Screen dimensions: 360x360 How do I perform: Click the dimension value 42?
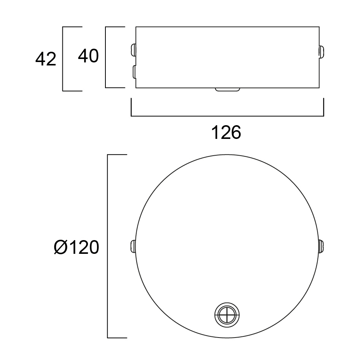coord(46,59)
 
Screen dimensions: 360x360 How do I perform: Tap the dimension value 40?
coord(88,56)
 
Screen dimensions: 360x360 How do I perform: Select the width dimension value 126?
coord(226,132)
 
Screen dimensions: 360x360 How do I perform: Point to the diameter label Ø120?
coord(76,247)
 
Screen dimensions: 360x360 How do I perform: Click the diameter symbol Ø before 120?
coord(61,247)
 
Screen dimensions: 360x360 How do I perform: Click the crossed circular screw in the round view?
coord(227,315)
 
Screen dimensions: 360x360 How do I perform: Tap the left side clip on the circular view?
coord(133,246)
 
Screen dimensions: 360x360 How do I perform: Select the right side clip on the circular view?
coord(321,246)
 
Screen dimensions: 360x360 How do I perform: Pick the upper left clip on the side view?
coord(134,50)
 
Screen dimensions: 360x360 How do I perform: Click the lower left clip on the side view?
coord(134,72)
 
